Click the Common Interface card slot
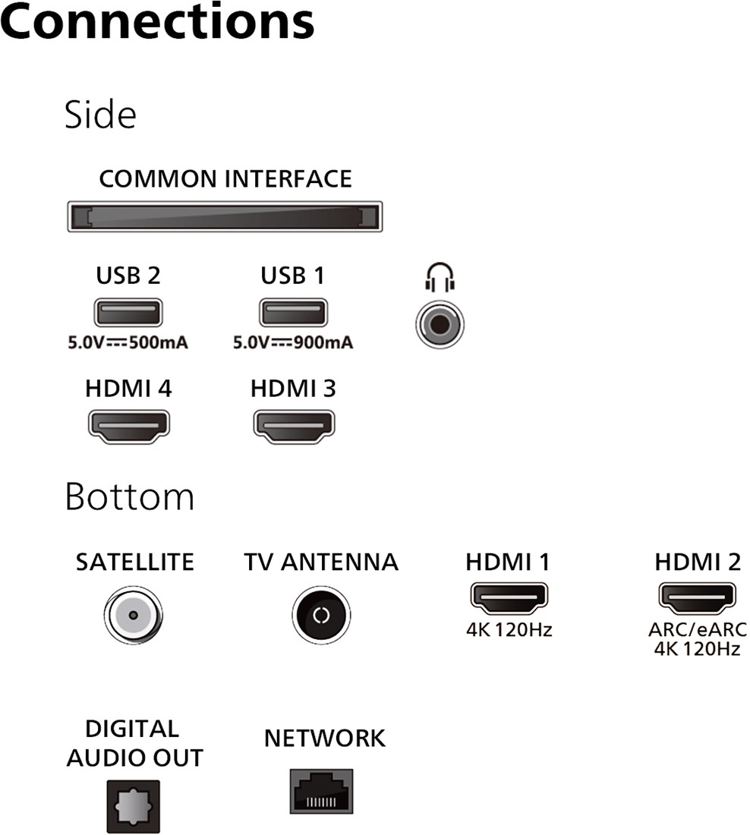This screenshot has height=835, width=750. tap(225, 216)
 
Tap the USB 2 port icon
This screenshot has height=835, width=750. tap(128, 313)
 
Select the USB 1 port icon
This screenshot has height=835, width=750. tap(294, 313)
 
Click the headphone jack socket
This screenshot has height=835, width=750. tap(440, 324)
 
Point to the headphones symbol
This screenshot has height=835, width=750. tap(440, 277)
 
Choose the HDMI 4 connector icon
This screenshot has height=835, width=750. tap(129, 427)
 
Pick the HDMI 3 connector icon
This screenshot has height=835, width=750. tap(294, 427)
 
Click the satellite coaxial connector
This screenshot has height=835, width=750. tap(133, 615)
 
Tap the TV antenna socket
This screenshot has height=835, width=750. tap(321, 615)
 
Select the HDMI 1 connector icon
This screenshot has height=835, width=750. tap(509, 599)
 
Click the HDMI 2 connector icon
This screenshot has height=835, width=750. tap(698, 599)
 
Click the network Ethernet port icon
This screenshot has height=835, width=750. tap(321, 791)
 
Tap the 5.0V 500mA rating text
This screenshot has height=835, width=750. tap(128, 342)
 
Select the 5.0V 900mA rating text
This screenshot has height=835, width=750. tap(293, 342)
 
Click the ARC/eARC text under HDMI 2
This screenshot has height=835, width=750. tap(698, 629)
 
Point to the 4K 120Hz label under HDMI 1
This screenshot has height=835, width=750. tap(509, 630)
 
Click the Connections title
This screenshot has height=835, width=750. tap(158, 21)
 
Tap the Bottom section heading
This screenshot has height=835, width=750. tap(130, 496)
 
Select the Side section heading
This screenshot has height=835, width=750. tap(101, 115)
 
